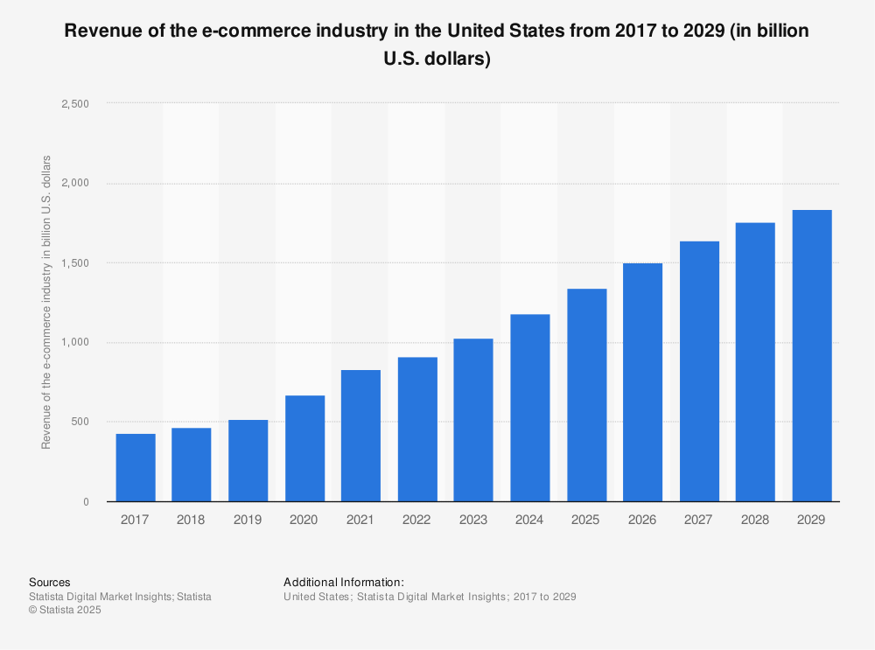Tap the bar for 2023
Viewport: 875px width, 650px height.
(473, 420)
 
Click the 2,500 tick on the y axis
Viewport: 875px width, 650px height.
(76, 103)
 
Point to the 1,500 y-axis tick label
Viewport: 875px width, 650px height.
(76, 262)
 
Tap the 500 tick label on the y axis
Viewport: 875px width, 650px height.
(80, 422)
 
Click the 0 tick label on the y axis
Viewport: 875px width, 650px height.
(86, 502)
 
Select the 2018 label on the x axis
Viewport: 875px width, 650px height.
(191, 520)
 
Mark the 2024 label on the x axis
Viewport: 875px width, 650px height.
(529, 520)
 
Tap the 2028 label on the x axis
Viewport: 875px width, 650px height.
(755, 520)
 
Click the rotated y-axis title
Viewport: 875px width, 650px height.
(46, 302)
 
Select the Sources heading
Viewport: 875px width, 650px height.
(49, 582)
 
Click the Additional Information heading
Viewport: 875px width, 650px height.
(343, 582)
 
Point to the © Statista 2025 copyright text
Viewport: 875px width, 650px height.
(66, 611)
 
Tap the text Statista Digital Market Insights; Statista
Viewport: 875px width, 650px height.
(120, 597)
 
